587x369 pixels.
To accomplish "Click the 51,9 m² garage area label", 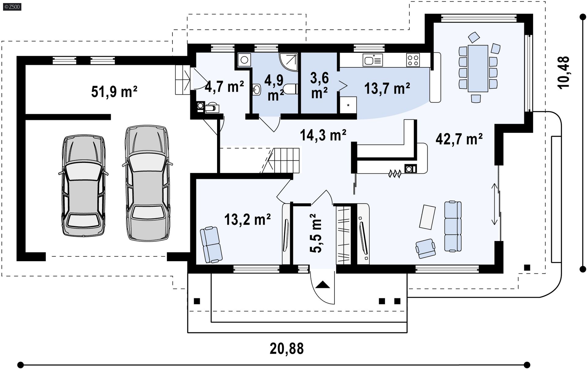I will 114,92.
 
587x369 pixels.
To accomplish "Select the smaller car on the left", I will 83,186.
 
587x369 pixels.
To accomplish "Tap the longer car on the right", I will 147,183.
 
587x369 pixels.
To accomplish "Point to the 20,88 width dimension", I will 286,349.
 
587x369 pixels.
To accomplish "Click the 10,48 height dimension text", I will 563,73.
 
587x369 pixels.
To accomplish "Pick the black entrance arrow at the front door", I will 323,285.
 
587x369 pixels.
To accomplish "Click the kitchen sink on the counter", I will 372,60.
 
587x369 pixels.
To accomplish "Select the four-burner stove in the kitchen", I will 413,60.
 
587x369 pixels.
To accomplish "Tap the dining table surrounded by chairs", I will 478,68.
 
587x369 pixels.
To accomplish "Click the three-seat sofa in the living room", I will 453,226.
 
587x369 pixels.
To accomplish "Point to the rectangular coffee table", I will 427,217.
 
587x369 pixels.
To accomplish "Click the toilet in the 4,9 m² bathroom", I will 290,89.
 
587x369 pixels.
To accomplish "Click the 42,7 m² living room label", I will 459,139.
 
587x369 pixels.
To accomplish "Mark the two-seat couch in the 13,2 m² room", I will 211,245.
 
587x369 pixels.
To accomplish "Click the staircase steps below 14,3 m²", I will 286,160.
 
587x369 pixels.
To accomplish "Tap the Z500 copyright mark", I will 12,6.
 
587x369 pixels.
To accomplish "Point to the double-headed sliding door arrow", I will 494,204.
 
